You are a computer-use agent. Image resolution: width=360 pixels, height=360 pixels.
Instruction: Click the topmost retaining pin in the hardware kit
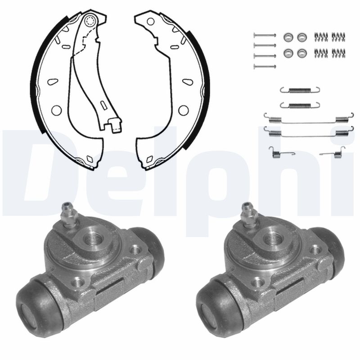click(x=265, y=35)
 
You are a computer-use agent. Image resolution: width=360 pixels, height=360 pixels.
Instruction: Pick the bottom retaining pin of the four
click(x=265, y=67)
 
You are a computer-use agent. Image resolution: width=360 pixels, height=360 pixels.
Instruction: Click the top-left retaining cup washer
click(x=288, y=37)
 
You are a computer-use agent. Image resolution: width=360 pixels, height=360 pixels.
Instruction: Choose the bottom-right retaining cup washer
click(x=302, y=53)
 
